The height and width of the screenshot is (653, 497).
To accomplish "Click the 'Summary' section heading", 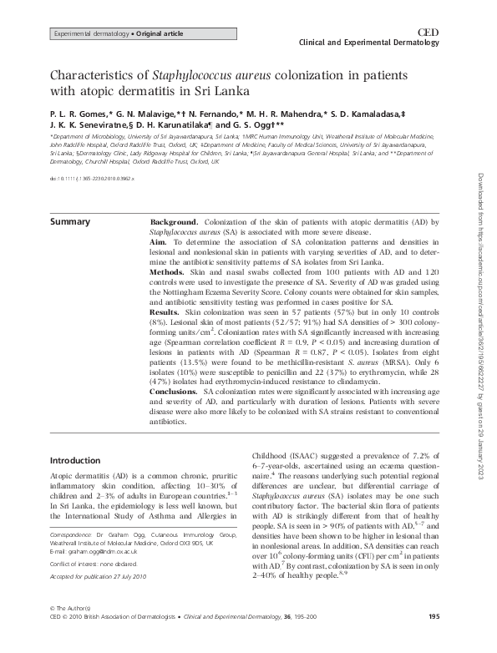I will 71,222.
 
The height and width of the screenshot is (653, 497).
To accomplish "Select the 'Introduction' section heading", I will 76,460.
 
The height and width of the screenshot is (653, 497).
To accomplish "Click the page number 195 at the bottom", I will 433,640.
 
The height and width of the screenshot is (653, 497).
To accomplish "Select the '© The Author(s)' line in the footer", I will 73,631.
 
